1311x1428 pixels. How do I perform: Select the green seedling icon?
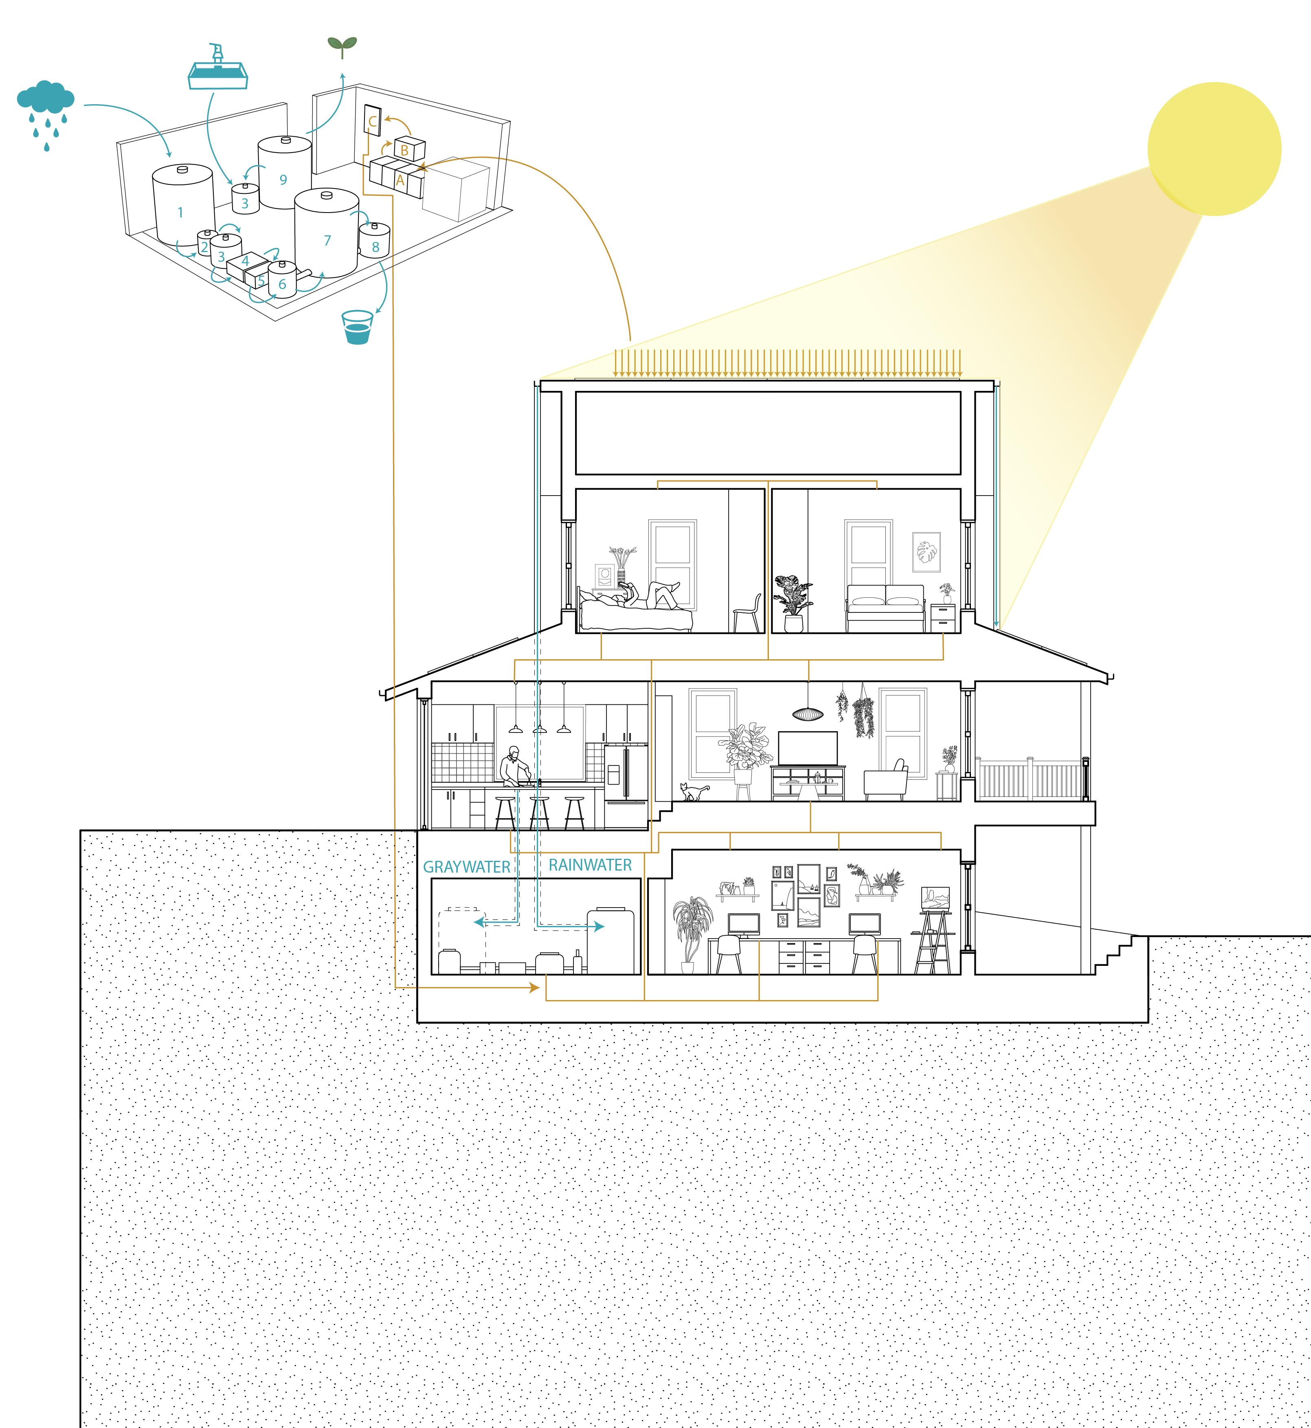point(342,46)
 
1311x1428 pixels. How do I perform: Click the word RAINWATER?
point(590,865)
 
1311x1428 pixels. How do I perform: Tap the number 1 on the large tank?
point(180,212)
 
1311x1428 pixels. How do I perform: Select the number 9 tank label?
point(283,180)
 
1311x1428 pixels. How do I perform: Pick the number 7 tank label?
point(327,241)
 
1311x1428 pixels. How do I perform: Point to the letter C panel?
point(372,121)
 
